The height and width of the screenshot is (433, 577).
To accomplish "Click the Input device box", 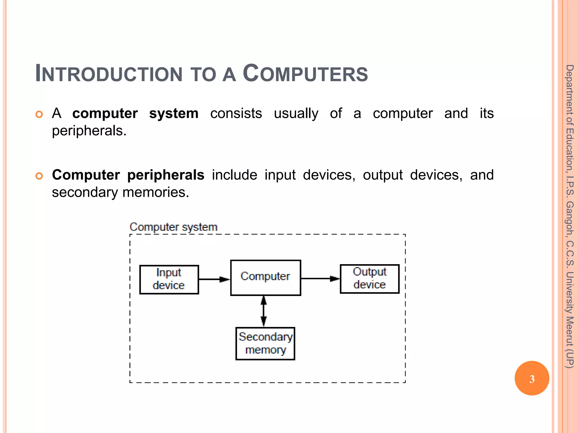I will click(169, 279).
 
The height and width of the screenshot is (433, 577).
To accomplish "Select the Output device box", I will click(369, 279).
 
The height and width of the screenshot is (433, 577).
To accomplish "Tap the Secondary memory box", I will click(265, 343).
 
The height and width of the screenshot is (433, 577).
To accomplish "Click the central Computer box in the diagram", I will click(265, 277).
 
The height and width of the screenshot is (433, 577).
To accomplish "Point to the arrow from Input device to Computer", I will click(214, 279).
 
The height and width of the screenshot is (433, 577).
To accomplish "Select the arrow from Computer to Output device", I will click(320, 279).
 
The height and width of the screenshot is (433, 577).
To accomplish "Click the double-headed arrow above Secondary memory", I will click(263, 311).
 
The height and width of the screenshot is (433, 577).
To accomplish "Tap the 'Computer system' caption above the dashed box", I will click(173, 227).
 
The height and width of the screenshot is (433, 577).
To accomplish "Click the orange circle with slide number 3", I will click(532, 378).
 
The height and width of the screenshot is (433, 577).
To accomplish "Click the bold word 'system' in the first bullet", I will click(174, 114).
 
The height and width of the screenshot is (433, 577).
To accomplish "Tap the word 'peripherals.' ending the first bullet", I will click(89, 131).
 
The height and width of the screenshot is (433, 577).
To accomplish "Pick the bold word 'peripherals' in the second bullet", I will click(166, 175).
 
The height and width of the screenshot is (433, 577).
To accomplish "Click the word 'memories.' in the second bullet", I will click(156, 193).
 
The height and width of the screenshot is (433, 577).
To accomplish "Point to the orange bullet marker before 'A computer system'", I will click(39, 114).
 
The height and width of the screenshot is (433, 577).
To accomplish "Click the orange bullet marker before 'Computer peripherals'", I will click(39, 176).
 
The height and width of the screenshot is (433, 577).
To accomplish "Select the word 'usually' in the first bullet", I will click(296, 114).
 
